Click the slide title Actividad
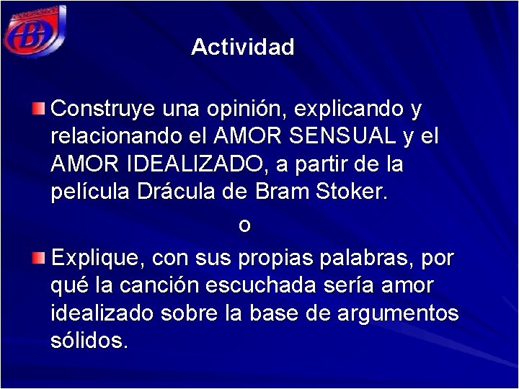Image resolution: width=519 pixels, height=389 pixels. point(243,48)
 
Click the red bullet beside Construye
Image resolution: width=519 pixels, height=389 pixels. point(40,109)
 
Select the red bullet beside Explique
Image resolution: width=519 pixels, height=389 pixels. point(40,257)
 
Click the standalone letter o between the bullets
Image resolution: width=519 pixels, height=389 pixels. point(244,225)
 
